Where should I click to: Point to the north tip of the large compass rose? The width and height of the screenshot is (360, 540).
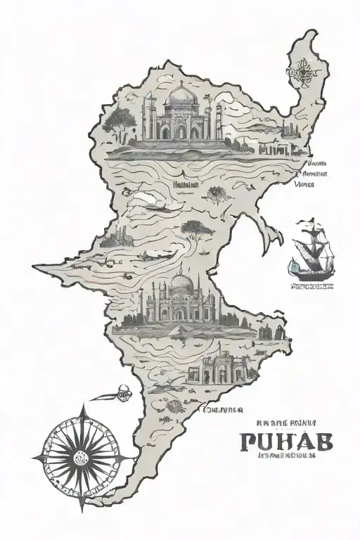click(x=84, y=404)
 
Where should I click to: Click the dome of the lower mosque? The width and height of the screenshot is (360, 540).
click(x=181, y=283)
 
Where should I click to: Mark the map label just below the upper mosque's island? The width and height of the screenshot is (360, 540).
click(x=185, y=186)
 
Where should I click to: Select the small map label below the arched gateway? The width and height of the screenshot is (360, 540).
click(x=221, y=409)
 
